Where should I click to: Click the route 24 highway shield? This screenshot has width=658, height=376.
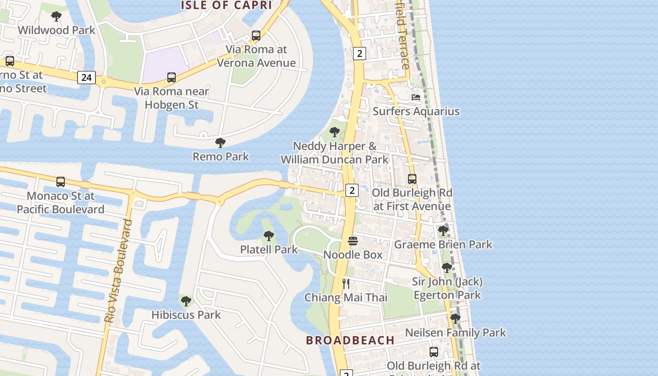pyautogui.click(x=86, y=78)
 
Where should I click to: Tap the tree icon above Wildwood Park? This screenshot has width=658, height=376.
pyautogui.click(x=56, y=17)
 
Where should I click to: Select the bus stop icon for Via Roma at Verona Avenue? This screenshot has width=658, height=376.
pyautogui.click(x=256, y=35)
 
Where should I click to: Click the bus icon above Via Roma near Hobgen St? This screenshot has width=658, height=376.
pyautogui.click(x=172, y=78)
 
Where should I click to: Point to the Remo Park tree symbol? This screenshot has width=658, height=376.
pyautogui.click(x=220, y=143)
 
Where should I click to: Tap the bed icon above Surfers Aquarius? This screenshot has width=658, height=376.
pyautogui.click(x=416, y=97)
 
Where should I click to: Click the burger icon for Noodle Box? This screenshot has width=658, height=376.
pyautogui.click(x=353, y=241)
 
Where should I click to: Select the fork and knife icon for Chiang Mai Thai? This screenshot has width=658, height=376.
pyautogui.click(x=346, y=283)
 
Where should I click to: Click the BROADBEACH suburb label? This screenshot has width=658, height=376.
pyautogui.click(x=350, y=340)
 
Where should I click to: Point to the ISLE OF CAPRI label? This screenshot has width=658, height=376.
pyautogui.click(x=227, y=5)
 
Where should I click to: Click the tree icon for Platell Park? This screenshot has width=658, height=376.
pyautogui.click(x=269, y=235)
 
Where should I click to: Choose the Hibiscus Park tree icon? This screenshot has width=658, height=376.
pyautogui.click(x=186, y=301)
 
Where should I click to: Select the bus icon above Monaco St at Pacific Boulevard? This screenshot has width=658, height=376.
pyautogui.click(x=60, y=182)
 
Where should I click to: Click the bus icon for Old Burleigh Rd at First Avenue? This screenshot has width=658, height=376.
pyautogui.click(x=412, y=179)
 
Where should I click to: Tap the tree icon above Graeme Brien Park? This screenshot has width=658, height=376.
pyautogui.click(x=443, y=231)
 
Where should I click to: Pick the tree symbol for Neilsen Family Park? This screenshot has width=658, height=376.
pyautogui.click(x=455, y=319)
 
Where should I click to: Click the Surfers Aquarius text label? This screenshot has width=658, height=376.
pyautogui.click(x=416, y=111)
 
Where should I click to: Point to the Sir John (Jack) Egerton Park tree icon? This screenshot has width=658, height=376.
pyautogui.click(x=447, y=268)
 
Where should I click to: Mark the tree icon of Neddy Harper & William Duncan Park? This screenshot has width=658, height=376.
pyautogui.click(x=335, y=132)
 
